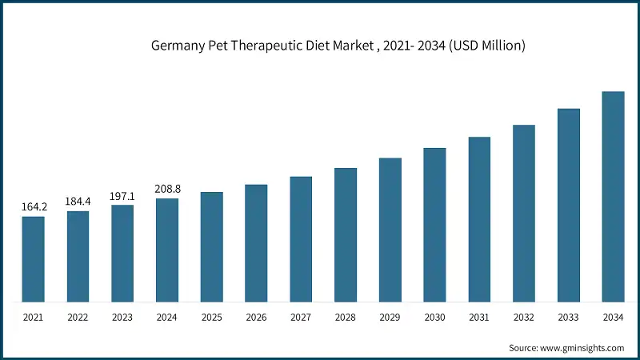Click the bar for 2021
(x=33, y=259)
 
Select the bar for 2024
(x=167, y=250)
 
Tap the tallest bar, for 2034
(x=613, y=197)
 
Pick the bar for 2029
(x=390, y=230)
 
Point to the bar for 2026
(x=256, y=243)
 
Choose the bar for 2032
(x=524, y=214)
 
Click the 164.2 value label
(x=34, y=207)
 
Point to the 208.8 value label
(x=167, y=190)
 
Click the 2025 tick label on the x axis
(x=212, y=318)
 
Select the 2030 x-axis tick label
(x=434, y=318)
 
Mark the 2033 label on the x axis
(x=568, y=318)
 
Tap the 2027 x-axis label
(x=301, y=318)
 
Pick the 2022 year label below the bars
(x=78, y=318)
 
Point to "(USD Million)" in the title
(x=485, y=46)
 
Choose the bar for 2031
(x=479, y=219)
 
